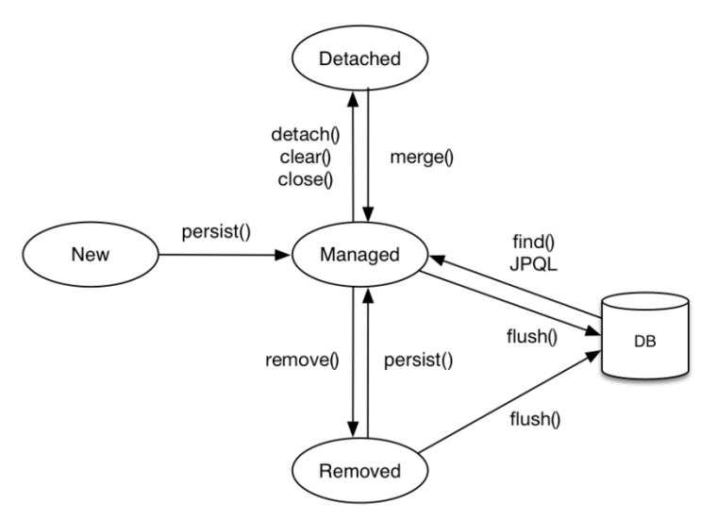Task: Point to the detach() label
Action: point(306,134)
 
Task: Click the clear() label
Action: point(306,157)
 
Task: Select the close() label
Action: point(306,179)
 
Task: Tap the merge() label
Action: point(422,157)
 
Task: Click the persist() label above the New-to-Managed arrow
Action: point(216,231)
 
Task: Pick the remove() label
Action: point(302,360)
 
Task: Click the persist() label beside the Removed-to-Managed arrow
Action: point(419,360)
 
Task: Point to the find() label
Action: point(533,242)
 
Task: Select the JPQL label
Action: point(533,264)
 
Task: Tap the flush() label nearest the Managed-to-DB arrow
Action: point(531,336)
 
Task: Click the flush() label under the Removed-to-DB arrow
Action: point(535,419)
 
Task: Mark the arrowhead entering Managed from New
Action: point(282,255)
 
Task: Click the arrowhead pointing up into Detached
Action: point(353,99)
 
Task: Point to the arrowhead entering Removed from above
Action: point(353,429)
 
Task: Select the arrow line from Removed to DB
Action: point(509,402)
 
